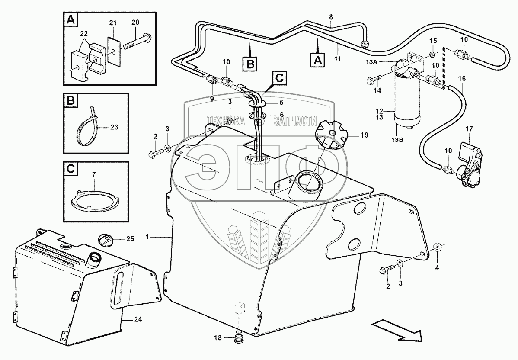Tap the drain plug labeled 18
[x=239, y=338]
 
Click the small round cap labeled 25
[x=106, y=239]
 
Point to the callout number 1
[x=148, y=237]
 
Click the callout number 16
[x=462, y=79]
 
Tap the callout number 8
[x=331, y=17]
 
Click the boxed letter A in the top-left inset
[x=69, y=19]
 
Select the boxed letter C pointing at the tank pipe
[x=279, y=78]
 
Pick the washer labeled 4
[x=438, y=247]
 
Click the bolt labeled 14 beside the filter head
[x=371, y=81]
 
